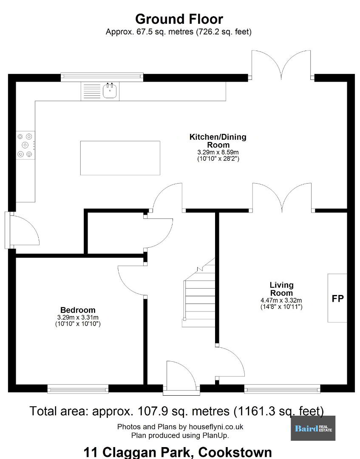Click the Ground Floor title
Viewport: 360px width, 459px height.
(179, 19)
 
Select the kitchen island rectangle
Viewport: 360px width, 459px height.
(120, 158)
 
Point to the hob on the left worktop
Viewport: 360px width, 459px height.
(26, 145)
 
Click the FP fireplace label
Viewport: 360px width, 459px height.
(338, 298)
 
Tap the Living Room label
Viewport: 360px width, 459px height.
(281, 289)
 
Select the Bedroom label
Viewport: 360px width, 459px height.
(78, 310)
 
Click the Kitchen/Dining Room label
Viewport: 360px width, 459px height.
(218, 141)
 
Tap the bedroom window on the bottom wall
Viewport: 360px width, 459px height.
(78, 389)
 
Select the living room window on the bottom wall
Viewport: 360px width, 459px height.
(282, 389)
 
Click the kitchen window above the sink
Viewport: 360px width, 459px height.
(102, 76)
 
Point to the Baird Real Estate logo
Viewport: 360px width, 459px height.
(313, 428)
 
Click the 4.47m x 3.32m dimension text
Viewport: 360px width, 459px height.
(281, 300)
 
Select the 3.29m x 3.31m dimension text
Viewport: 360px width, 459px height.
(78, 317)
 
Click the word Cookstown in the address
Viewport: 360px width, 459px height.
(235, 452)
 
